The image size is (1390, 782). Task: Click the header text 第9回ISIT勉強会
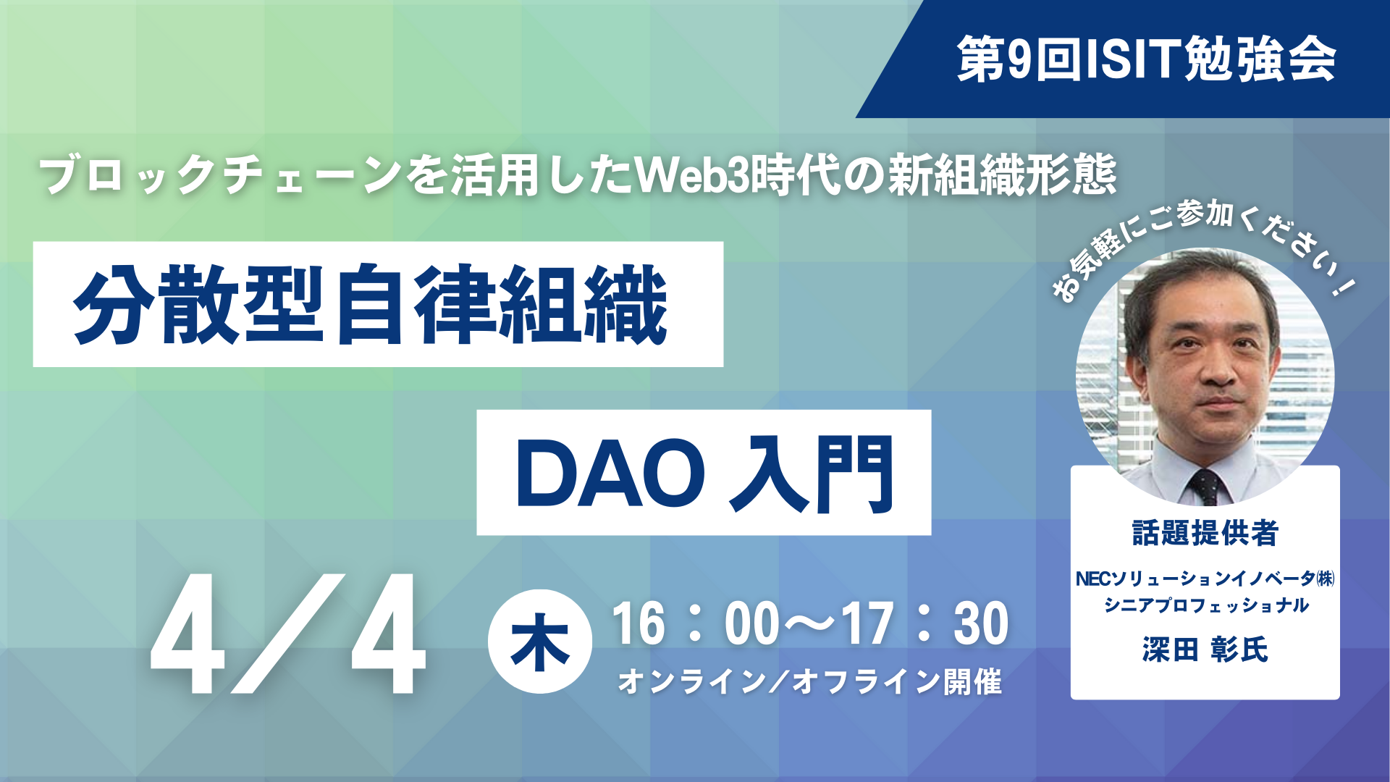[x=1147, y=59]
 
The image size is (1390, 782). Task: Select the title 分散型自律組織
[x=370, y=304]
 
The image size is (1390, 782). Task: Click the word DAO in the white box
[x=610, y=474]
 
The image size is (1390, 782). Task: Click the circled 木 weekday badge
[x=540, y=642]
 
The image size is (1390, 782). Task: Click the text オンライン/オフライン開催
[x=810, y=681]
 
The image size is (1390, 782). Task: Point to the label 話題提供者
[x=1205, y=533]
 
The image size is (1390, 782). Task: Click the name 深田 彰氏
[x=1205, y=649]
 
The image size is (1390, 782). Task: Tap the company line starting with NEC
[x=1205, y=579]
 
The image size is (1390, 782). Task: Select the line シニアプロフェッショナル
[x=1205, y=605]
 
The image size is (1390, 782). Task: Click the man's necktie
[x=1205, y=486]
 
